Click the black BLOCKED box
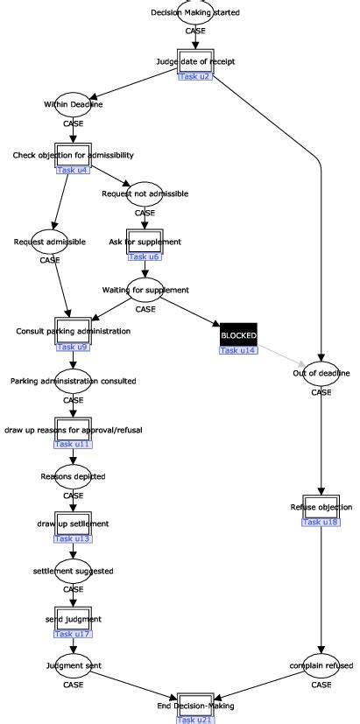tap(237, 334)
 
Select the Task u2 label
tap(194, 76)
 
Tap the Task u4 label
tap(73, 170)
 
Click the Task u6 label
tap(145, 257)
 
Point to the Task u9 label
tap(73, 347)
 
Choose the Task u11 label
tap(73, 445)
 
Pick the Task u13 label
tap(73, 538)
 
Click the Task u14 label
tap(237, 350)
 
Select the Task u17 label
tap(73, 633)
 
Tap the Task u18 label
tap(320, 522)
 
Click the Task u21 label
tap(194, 720)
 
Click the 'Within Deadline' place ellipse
tap(74, 104)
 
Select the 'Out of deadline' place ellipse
tap(321, 373)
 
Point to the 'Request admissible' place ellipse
tap(50, 241)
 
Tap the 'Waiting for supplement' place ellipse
tap(145, 289)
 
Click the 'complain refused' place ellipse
tap(321, 665)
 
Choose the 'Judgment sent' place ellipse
tap(74, 665)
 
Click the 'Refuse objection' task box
tap(320, 507)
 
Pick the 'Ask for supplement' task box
tap(145, 241)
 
